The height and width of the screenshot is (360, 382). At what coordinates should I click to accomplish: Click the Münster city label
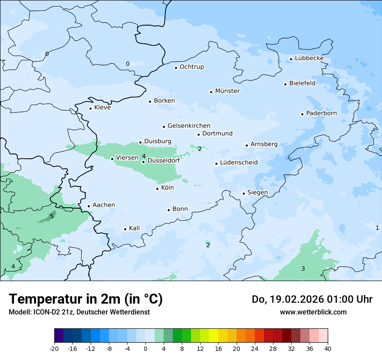click(x=227, y=91)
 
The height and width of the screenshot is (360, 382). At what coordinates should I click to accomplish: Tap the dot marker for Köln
click(x=158, y=188)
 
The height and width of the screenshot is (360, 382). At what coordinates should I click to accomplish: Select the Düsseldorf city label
click(x=164, y=160)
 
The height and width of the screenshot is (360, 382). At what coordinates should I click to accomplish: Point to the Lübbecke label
click(x=309, y=58)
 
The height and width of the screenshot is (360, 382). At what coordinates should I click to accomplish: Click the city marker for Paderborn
click(x=302, y=114)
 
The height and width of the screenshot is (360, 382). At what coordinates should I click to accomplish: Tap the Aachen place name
click(x=104, y=205)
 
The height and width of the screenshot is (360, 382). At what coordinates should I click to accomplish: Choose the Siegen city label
click(x=257, y=193)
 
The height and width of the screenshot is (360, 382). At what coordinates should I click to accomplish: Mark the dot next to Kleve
click(x=90, y=108)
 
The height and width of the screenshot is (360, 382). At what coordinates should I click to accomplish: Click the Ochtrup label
click(x=191, y=67)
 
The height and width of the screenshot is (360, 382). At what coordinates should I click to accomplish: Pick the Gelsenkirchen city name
click(x=189, y=126)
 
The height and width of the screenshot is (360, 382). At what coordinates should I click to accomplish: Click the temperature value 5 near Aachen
click(x=52, y=216)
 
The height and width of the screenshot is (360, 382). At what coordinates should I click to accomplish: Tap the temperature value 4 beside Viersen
click(x=144, y=156)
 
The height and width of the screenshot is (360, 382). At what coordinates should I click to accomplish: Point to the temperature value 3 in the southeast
click(x=303, y=269)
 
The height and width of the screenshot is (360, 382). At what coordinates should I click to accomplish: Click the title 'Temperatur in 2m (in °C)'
click(x=86, y=299)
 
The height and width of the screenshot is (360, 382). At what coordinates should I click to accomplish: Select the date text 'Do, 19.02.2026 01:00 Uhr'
click(x=312, y=299)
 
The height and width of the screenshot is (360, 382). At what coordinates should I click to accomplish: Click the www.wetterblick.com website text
click(x=313, y=312)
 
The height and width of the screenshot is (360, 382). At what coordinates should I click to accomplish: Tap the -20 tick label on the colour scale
click(x=54, y=348)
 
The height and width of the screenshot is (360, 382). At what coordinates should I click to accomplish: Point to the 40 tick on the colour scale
click(x=328, y=348)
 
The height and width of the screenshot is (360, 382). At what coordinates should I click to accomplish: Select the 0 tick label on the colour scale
click(x=145, y=348)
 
